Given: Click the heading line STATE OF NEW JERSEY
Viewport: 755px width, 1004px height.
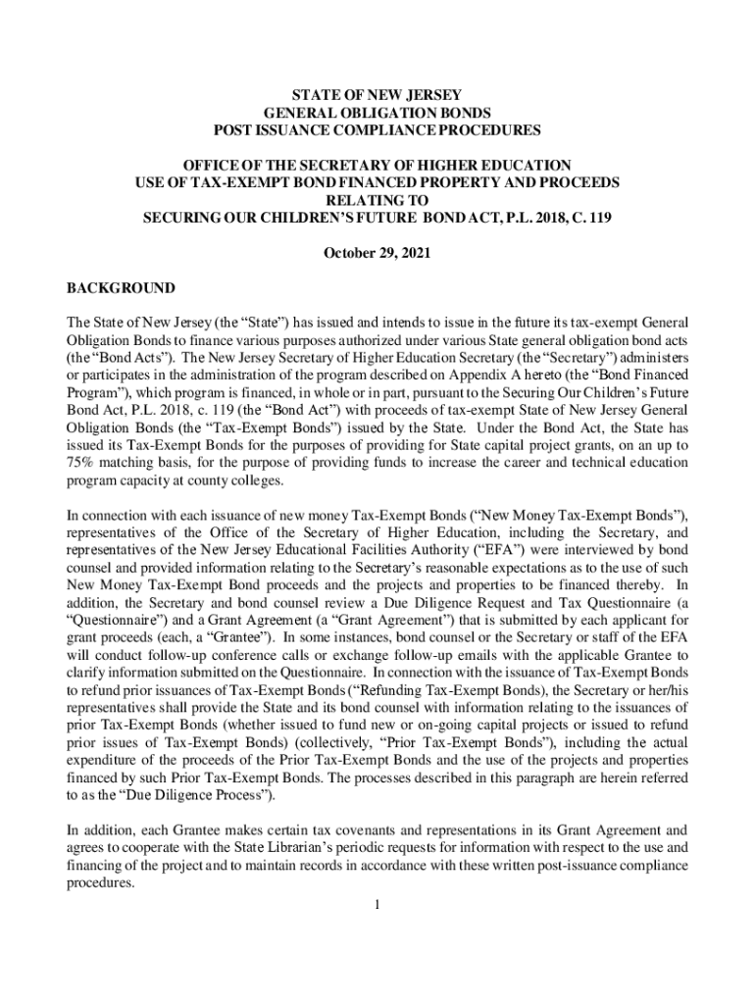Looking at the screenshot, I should click(377, 95).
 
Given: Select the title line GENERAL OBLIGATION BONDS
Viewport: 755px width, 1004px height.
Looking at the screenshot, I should click(377, 113).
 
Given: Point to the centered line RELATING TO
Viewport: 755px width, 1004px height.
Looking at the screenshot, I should click(377, 200).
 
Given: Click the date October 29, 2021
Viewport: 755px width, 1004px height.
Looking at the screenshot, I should click(377, 253).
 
